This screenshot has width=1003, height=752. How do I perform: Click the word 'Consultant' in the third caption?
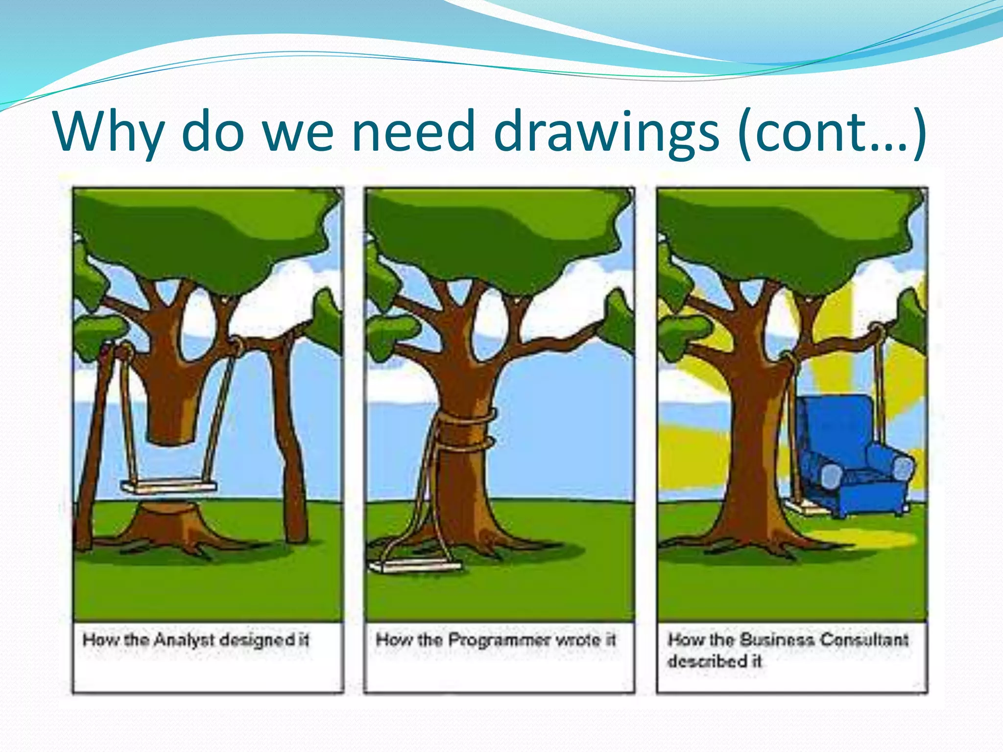coord(864,640)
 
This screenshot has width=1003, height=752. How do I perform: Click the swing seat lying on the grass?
coord(415,567)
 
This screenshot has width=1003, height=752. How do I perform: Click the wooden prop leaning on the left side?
coord(93,441)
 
